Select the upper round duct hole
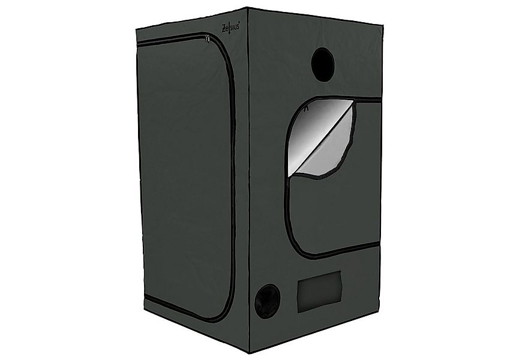click(x=323, y=64)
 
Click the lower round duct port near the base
click(x=266, y=301)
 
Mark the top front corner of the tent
click(x=248, y=8)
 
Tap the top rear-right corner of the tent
click(x=382, y=25)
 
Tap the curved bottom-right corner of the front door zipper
click(x=227, y=315)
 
